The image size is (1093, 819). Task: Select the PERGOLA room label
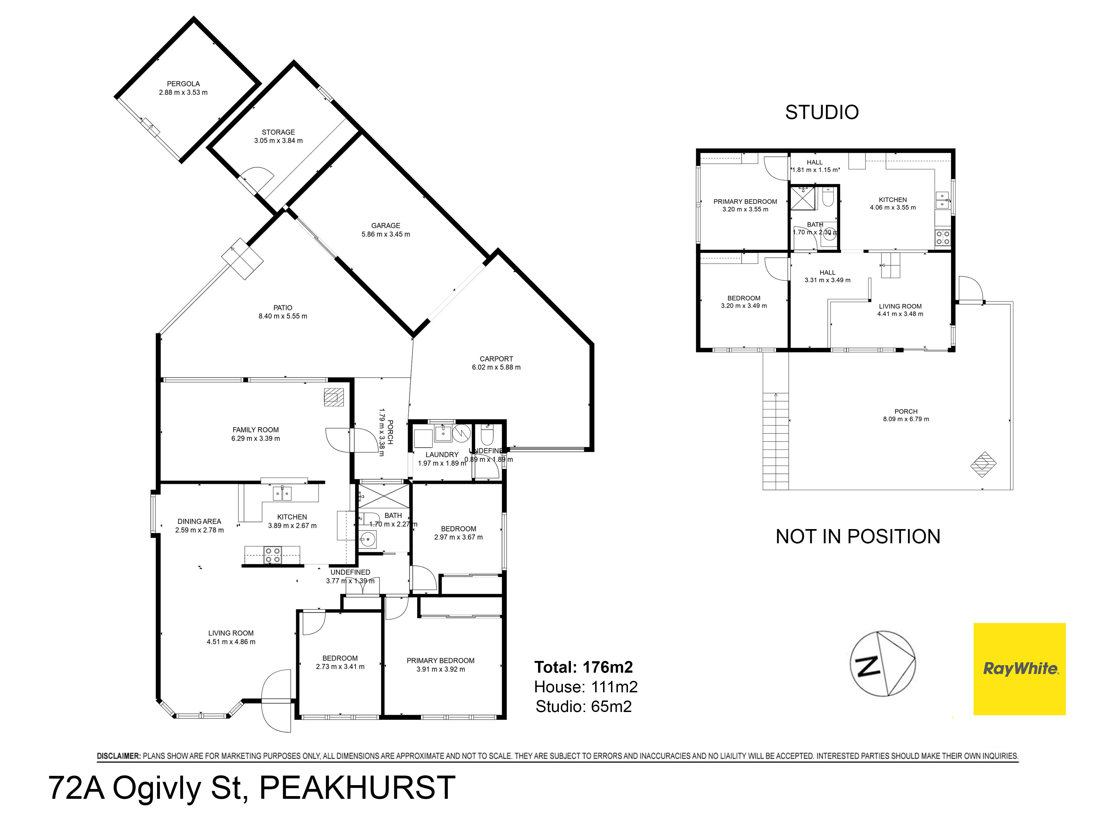tap(183, 84)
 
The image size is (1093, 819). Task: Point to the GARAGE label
tap(385, 225)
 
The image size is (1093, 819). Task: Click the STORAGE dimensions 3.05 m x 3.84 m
tap(278, 141)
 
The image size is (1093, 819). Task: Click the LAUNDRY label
tap(442, 455)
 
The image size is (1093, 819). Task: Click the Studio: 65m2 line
tap(584, 707)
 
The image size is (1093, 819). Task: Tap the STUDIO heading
tap(822, 112)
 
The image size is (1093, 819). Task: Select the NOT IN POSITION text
tap(858, 537)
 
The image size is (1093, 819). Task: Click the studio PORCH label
tap(906, 411)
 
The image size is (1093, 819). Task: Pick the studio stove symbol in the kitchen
tap(942, 238)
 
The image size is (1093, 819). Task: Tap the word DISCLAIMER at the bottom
tap(119, 756)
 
